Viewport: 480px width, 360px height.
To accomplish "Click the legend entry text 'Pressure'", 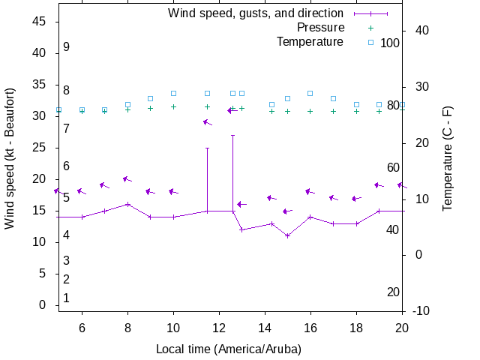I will (x=320, y=28).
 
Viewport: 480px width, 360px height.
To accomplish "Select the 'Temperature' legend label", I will (x=310, y=41).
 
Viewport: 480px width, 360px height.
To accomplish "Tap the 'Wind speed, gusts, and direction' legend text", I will (x=256, y=13).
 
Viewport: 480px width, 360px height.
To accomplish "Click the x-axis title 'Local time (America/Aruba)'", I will (x=229, y=349).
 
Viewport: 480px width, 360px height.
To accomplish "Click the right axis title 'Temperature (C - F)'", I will (x=448, y=157).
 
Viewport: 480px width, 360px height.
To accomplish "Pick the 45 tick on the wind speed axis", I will (x=40, y=22).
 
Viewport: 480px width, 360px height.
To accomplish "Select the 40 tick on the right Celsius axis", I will (x=421, y=31).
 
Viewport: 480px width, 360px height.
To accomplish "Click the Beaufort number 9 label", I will (x=66, y=46).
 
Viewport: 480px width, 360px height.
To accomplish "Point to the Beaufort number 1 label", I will (x=66, y=298).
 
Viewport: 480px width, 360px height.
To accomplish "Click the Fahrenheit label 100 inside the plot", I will (x=390, y=43).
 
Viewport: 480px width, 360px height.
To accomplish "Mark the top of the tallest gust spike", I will (x=233, y=135).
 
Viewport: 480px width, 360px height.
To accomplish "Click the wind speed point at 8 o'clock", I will (x=128, y=204).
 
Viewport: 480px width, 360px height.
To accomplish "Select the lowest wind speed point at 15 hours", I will (x=287, y=235).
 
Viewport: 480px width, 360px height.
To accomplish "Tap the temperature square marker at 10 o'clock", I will (x=174, y=93).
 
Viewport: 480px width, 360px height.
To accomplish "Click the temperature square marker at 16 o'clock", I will (x=310, y=93).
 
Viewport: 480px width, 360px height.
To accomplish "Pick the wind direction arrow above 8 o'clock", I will (x=127, y=179).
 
